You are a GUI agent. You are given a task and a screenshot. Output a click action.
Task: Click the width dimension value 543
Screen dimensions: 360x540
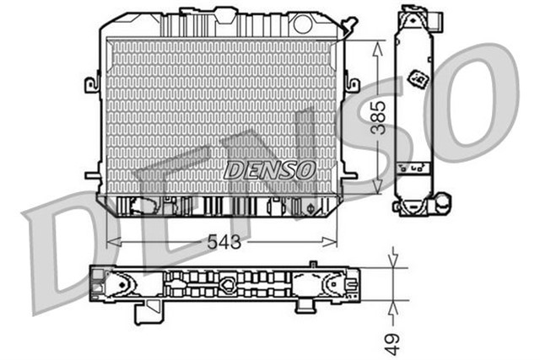point(224,242)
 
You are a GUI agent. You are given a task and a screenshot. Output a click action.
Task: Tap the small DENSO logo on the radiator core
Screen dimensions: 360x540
point(269,169)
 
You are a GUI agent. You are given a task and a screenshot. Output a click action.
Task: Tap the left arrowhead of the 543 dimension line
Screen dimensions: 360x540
point(110,242)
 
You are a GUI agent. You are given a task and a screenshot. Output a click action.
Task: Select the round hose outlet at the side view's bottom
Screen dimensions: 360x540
point(441,202)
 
